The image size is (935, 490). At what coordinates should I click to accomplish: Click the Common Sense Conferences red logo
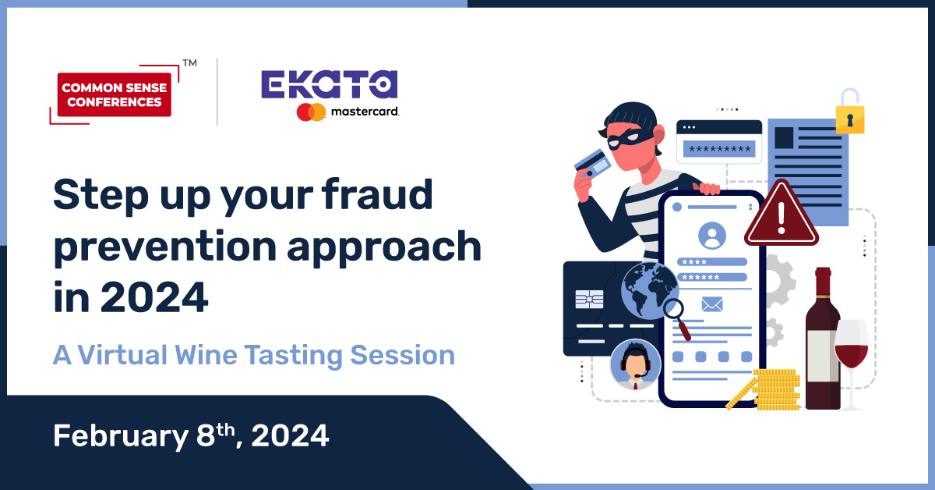[x=115, y=94]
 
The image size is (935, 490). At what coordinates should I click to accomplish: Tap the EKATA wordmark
[x=329, y=85]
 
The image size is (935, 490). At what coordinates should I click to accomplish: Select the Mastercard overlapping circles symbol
[x=311, y=112]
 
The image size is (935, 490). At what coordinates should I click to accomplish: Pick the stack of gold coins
[x=775, y=390]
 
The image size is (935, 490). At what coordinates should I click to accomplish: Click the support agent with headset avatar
[x=635, y=363]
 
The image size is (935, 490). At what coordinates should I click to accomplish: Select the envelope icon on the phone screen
[x=712, y=304]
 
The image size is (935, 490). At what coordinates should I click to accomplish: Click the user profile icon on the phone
[x=712, y=235]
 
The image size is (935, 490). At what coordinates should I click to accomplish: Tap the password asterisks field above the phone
[x=718, y=148]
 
